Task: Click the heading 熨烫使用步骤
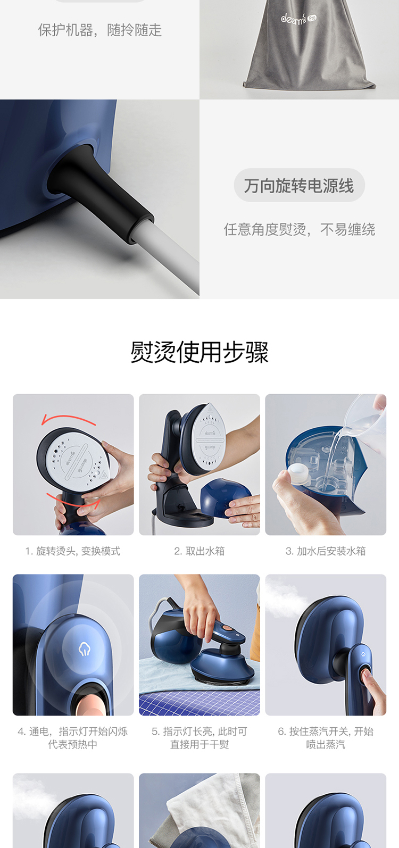click(199, 352)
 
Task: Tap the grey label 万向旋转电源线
click(299, 186)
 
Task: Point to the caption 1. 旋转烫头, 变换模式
click(73, 551)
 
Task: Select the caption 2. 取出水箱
click(199, 551)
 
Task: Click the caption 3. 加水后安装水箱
click(326, 551)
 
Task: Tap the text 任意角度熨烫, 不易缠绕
click(299, 229)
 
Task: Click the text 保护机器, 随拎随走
click(100, 30)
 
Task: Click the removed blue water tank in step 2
click(225, 497)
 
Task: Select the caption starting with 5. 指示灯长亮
click(199, 738)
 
